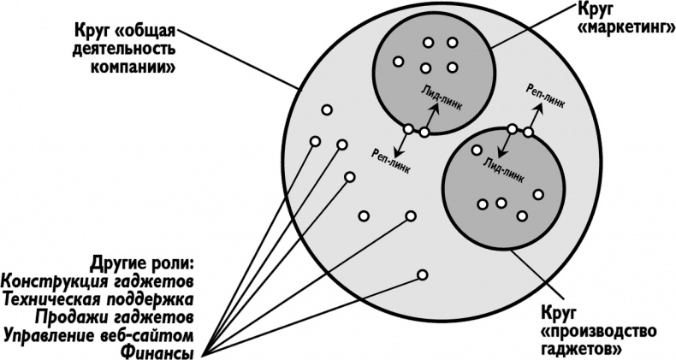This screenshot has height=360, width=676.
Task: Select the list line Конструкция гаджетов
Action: point(98,280)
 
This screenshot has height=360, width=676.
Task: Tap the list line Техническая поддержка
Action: point(98,298)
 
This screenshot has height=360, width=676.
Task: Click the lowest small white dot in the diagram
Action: point(422,274)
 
